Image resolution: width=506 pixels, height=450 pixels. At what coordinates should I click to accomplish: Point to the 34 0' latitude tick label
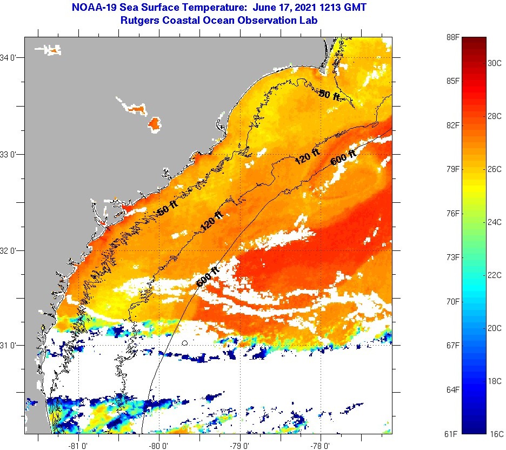pos(11,57)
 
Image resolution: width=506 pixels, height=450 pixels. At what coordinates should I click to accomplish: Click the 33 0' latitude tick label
pos(11,154)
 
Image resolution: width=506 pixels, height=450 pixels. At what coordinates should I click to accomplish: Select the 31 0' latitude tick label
pos(11,345)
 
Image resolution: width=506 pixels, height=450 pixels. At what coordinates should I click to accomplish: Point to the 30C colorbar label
pos(495,63)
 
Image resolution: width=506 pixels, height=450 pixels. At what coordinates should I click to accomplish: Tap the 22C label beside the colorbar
pos(495,275)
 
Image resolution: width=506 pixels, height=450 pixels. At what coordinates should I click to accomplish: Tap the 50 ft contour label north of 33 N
pos(329,95)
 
